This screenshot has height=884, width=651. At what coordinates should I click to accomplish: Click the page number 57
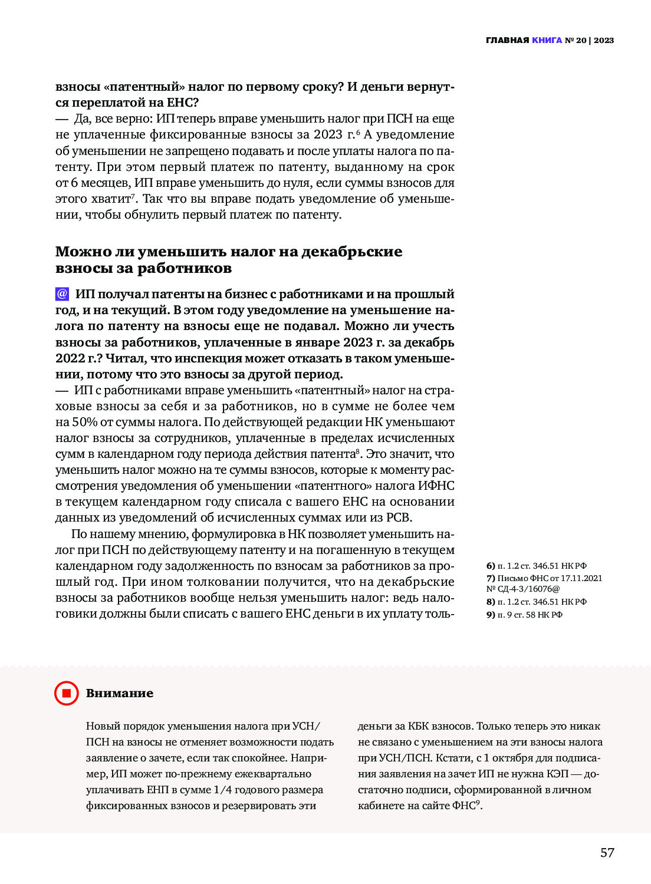pyautogui.click(x=607, y=853)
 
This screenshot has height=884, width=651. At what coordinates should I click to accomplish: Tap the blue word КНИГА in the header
pyautogui.click(x=547, y=41)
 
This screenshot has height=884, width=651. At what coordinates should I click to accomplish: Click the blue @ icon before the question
pyautogui.click(x=62, y=293)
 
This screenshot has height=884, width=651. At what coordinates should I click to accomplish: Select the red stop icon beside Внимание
pyautogui.click(x=66, y=693)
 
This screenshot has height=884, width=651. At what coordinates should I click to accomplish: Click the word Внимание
pyautogui.click(x=119, y=694)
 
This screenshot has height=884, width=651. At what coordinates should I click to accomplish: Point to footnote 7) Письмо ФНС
pyautogui.click(x=544, y=578)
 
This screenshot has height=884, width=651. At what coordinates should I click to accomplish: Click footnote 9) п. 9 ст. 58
pyautogui.click(x=524, y=615)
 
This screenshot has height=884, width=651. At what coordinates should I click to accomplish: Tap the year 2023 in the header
pyautogui.click(x=604, y=41)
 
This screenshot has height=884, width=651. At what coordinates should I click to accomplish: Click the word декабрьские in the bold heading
pyautogui.click(x=351, y=252)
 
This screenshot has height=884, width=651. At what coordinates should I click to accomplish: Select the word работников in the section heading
pyautogui.click(x=184, y=268)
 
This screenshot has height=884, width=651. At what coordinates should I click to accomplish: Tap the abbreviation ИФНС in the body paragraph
pyautogui.click(x=436, y=486)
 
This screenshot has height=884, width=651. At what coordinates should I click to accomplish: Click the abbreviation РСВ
pyautogui.click(x=398, y=517)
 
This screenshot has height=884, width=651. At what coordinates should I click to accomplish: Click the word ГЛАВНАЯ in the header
pyautogui.click(x=507, y=41)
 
